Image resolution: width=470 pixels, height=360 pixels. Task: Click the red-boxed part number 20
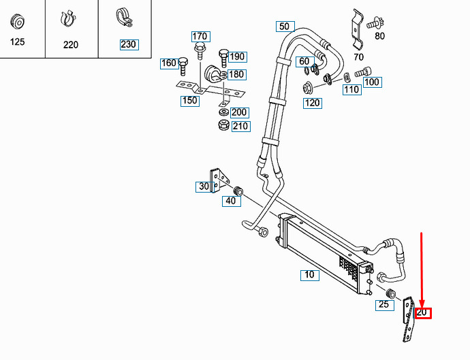pos(422,313)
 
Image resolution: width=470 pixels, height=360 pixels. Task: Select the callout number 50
pos(285,27)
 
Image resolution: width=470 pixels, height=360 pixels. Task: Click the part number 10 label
pos(310,275)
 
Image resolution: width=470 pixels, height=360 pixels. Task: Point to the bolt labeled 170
pos(200,52)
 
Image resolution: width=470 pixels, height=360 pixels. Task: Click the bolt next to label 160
pos(183,67)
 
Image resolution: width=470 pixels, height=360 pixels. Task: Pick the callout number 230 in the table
pos(129,45)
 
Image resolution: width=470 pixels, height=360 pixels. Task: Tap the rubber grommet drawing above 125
pos(18,22)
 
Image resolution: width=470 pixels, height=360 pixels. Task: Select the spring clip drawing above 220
pos(68,20)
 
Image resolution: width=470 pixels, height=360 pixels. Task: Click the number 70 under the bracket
pos(358,57)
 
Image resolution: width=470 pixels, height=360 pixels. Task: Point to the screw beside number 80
pos(375,23)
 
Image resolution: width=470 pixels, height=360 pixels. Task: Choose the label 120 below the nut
pos(313,103)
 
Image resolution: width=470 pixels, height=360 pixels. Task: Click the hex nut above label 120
pos(307,88)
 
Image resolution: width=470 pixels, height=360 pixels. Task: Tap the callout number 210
pos(240,126)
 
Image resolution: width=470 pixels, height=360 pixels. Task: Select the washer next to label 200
pos(223,113)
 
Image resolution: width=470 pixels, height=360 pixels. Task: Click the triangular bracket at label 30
pos(219,180)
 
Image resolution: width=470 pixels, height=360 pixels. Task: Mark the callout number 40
pos(231,201)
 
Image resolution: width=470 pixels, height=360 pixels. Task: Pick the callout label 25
pos(385,305)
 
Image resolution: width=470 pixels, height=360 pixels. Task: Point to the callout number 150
pos(190,101)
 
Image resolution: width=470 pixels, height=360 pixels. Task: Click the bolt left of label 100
pos(363,72)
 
